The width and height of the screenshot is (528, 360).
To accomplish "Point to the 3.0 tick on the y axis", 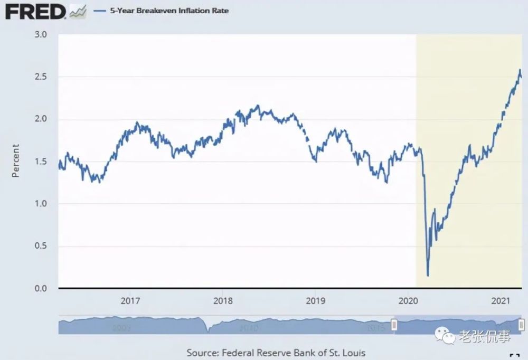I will click(x=41, y=35).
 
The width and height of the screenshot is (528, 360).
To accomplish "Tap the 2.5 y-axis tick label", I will click(x=41, y=77).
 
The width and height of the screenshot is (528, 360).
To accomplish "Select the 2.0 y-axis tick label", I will click(x=41, y=119).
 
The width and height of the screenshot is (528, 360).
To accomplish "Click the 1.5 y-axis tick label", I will click(x=41, y=162).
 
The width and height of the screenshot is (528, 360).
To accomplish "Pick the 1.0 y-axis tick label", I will click(x=41, y=204).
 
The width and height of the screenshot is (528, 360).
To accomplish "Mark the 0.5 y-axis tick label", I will click(x=41, y=246).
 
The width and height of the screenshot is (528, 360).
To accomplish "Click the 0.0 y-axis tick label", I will click(x=41, y=289).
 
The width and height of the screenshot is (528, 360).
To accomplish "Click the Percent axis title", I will click(x=15, y=160).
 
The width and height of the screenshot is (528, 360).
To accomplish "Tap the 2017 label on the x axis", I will click(x=130, y=301).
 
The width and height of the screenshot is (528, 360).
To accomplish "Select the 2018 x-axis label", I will click(x=222, y=301).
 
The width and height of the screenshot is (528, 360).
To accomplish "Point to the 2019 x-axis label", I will click(x=315, y=301).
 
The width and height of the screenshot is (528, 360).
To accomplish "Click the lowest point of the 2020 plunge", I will click(x=427, y=274).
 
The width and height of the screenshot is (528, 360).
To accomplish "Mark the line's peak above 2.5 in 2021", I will click(x=520, y=70).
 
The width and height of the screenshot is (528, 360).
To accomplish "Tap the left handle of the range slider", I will click(x=393, y=325).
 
